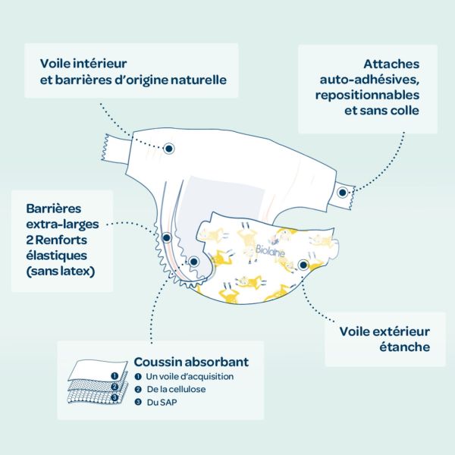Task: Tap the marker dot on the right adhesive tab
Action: tap(343, 193)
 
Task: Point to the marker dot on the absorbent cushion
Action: tap(193, 262)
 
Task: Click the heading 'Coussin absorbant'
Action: tap(191, 362)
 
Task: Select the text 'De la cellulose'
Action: tap(176, 389)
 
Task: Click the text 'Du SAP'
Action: tap(160, 403)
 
